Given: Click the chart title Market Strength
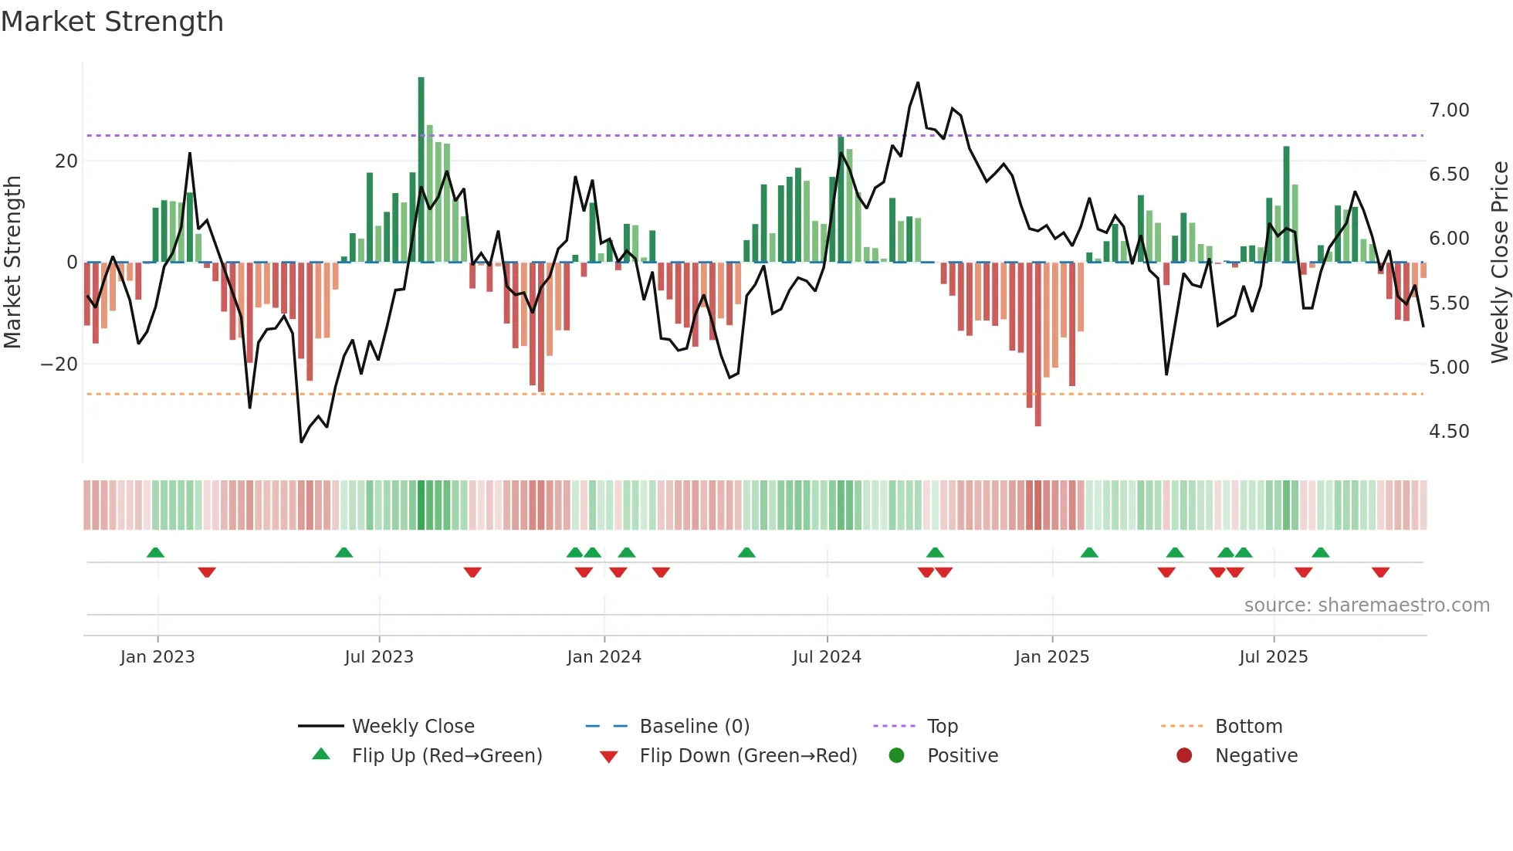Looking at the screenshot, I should click(x=112, y=22).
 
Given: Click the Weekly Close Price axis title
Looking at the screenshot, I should click(x=1499, y=263).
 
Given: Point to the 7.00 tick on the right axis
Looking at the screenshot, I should click(x=1448, y=110).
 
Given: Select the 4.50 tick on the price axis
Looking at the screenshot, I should click(x=1448, y=432).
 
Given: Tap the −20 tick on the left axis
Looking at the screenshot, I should click(x=59, y=364).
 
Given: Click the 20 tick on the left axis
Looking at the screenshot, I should click(x=66, y=161).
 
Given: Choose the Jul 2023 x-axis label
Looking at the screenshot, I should click(x=379, y=657).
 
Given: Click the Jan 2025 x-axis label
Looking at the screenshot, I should click(x=1051, y=657).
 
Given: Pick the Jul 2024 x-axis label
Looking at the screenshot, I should click(x=827, y=657).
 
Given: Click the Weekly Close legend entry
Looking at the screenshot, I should click(x=413, y=727).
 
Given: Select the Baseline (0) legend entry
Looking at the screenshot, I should click(x=694, y=727).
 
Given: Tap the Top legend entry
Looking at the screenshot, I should click(x=942, y=727).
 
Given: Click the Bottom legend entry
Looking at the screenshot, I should click(x=1248, y=727).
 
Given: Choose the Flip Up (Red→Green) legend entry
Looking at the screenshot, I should click(x=446, y=756).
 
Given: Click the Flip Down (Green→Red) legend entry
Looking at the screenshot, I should click(x=748, y=756).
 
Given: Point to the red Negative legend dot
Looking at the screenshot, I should click(x=1184, y=755).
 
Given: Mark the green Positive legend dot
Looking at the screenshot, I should click(x=896, y=755).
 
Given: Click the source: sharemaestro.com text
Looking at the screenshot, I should click(x=1366, y=605).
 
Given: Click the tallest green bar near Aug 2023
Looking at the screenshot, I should click(x=421, y=170).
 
